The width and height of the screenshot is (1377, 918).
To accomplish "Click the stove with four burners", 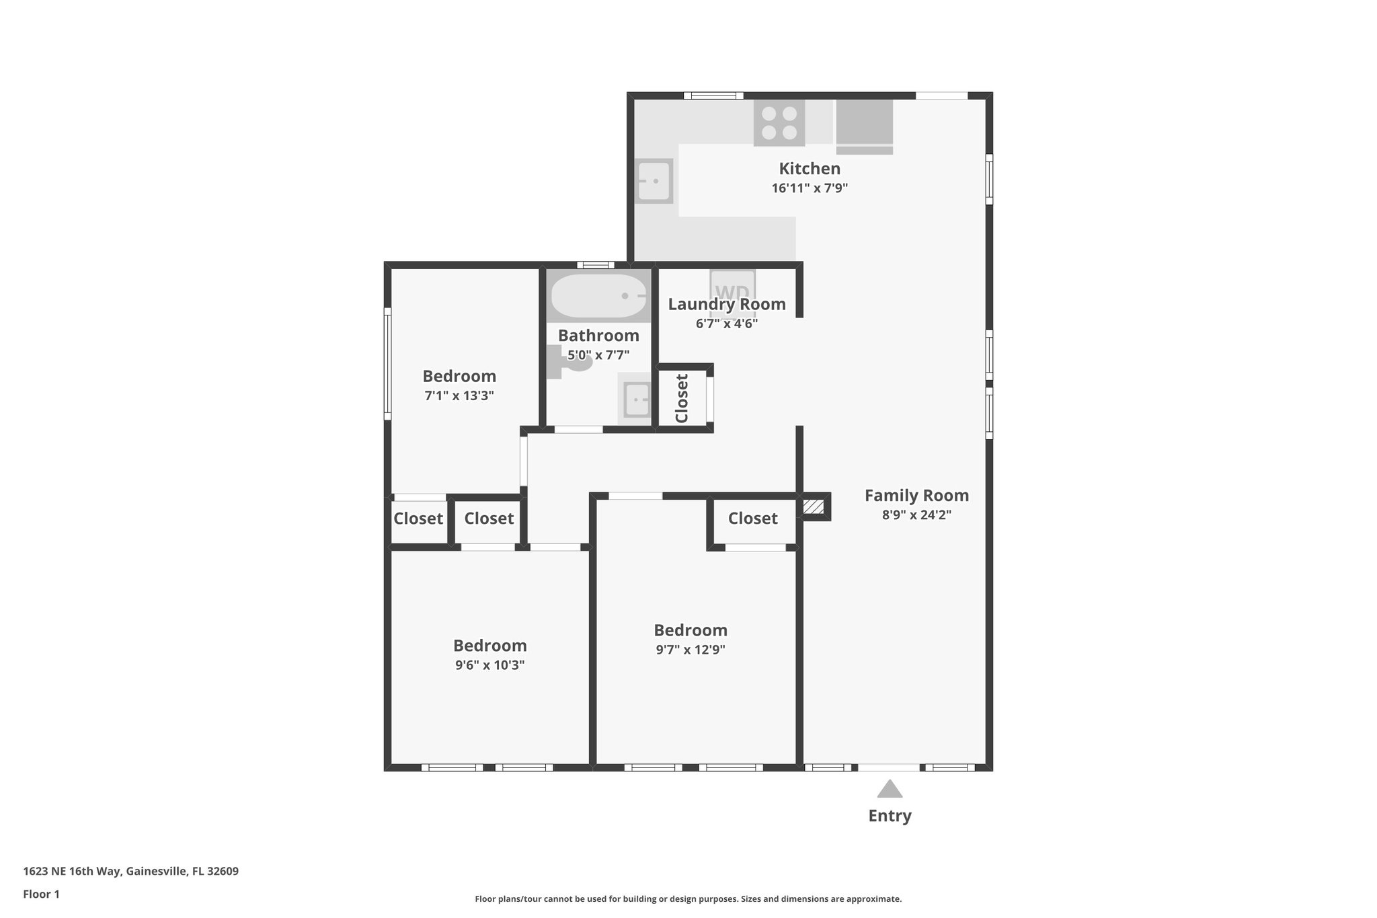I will tap(779, 123).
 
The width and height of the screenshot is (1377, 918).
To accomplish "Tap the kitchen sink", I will tap(654, 181).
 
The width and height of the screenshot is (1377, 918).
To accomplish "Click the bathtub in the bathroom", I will tap(598, 296).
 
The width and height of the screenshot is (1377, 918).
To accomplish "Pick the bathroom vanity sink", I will tap(636, 399).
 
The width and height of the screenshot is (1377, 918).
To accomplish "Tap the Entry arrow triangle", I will tap(889, 789).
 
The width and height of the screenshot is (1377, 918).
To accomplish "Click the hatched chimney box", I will tap(814, 507).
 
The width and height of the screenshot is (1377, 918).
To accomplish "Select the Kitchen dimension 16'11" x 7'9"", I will tap(810, 188).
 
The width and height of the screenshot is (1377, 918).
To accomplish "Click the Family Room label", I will tap(916, 496).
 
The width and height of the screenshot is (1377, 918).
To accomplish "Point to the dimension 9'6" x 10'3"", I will tap(489, 665).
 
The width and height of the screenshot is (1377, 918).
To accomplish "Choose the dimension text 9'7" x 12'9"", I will tap(691, 650).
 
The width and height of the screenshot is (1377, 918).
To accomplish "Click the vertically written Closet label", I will tap(682, 398).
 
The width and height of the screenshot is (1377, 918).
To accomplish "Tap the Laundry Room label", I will tap(727, 305).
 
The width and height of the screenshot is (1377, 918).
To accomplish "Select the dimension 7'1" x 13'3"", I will tap(459, 395).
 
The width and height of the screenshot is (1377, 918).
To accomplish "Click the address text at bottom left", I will tap(131, 872).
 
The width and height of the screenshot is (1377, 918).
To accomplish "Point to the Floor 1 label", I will tap(41, 894).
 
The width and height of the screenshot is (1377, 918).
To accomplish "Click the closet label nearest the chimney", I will tap(752, 519).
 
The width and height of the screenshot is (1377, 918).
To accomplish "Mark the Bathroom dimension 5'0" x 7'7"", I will tap(598, 355).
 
